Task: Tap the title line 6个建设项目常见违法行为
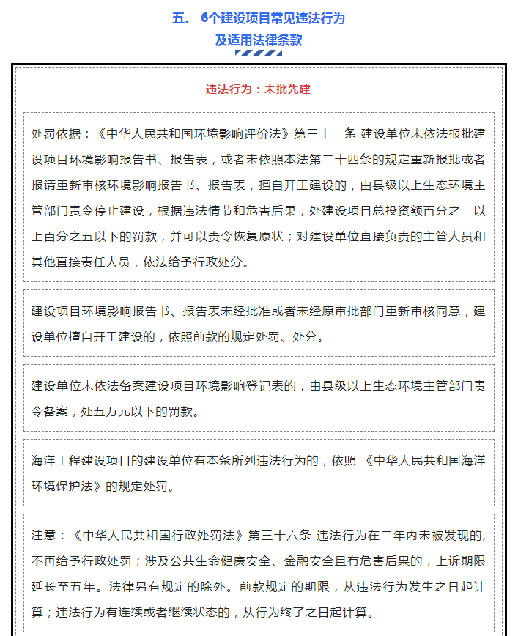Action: pyautogui.click(x=273, y=18)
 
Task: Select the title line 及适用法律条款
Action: pyautogui.click(x=258, y=40)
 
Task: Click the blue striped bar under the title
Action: pyautogui.click(x=258, y=53)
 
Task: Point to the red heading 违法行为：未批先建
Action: pyautogui.click(x=258, y=89)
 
